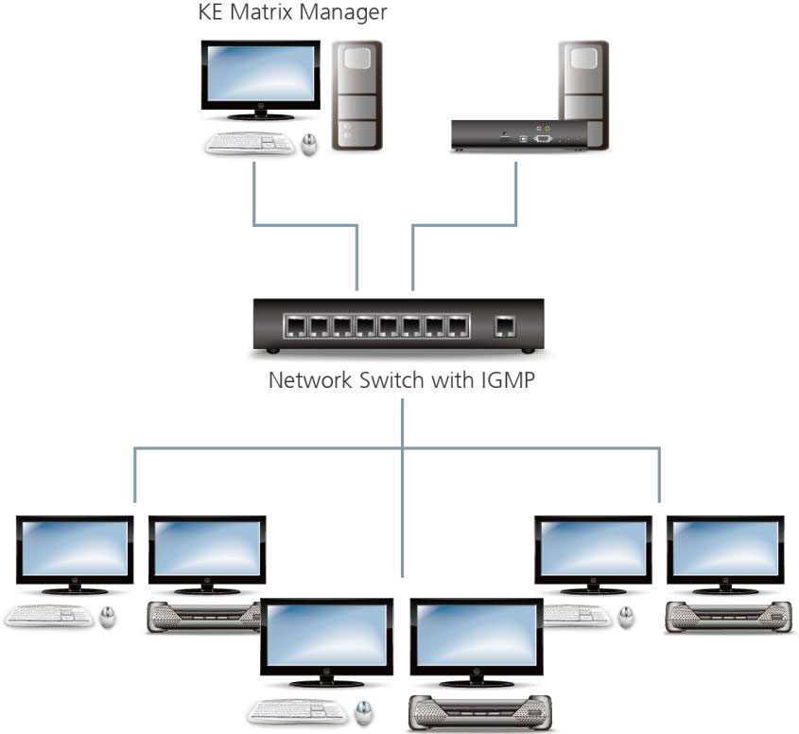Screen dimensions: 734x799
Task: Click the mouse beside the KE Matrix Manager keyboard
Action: [x=309, y=145]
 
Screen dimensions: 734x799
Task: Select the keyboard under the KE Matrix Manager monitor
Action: [x=249, y=143]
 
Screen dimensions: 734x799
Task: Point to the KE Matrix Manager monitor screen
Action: [x=260, y=75]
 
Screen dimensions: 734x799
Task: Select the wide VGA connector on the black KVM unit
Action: [x=544, y=138]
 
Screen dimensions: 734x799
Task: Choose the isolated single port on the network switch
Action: [x=505, y=326]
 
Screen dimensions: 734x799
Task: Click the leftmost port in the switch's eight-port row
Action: [x=295, y=327]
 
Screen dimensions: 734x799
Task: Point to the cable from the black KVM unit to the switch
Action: [x=463, y=224]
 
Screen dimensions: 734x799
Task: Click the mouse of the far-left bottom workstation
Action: [x=108, y=617]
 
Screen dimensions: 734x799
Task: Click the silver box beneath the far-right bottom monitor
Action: [x=726, y=617]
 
